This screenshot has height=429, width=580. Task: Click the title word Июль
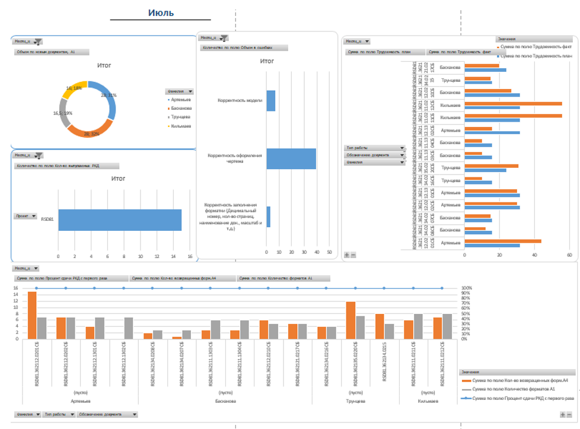[x=161, y=12]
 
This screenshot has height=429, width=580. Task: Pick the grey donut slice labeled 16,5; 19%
[x=66, y=116]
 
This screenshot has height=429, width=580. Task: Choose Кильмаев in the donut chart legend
[x=181, y=126]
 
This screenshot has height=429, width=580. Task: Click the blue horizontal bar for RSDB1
[x=119, y=219]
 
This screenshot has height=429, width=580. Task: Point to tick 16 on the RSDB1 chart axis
[x=190, y=256]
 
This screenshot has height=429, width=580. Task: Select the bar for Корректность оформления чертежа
[x=291, y=158]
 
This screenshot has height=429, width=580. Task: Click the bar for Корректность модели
[x=270, y=101]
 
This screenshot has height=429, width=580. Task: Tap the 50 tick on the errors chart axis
[x=329, y=252]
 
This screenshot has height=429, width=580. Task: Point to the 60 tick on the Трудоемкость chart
[x=569, y=255]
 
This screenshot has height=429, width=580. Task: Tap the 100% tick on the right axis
[x=466, y=288]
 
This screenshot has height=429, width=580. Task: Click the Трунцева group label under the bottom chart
[x=355, y=402]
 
